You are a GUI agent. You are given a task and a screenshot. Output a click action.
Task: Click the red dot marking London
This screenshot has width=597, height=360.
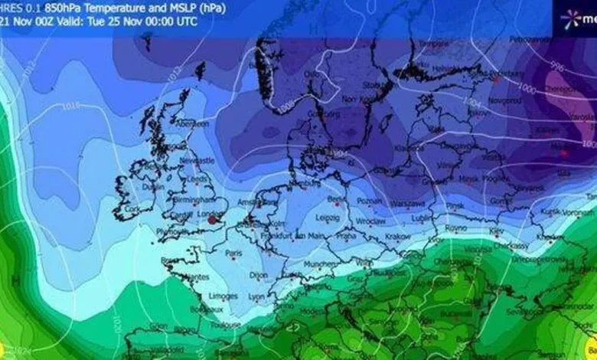pyautogui.click(x=212, y=220)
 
